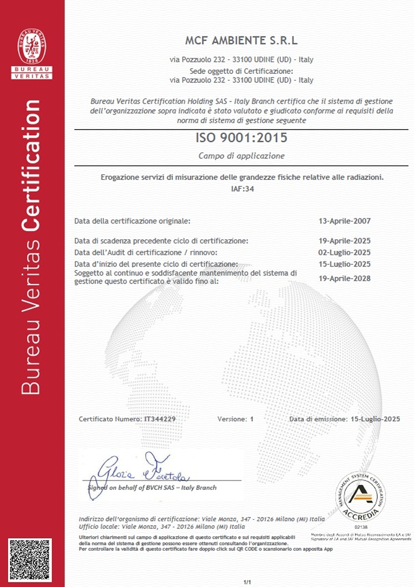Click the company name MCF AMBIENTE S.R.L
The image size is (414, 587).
point(241,40)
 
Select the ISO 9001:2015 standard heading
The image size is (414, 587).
point(241,138)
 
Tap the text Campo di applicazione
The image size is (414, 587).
point(241,156)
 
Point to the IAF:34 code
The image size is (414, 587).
point(241,187)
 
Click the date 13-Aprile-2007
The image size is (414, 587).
point(344,221)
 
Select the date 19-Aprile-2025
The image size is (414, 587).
point(344,241)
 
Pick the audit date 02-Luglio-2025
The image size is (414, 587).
point(344,252)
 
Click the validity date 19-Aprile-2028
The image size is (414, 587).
point(344,279)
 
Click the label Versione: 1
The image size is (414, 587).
point(236,419)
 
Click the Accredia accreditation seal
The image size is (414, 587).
point(361,497)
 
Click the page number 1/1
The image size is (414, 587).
point(247,582)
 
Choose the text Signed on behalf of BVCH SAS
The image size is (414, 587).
point(152,488)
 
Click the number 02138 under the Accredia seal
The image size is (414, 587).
point(360,527)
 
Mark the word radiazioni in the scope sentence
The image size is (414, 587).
point(366,177)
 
